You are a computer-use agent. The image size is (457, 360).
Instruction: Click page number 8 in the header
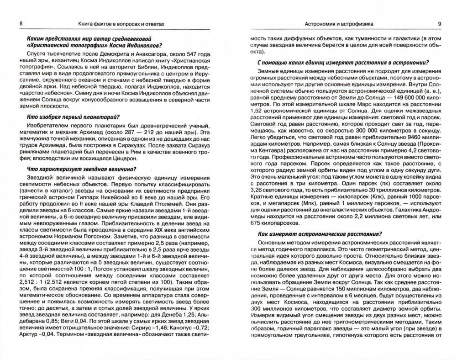pos(17,23)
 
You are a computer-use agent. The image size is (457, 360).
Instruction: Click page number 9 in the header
pos(439,23)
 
